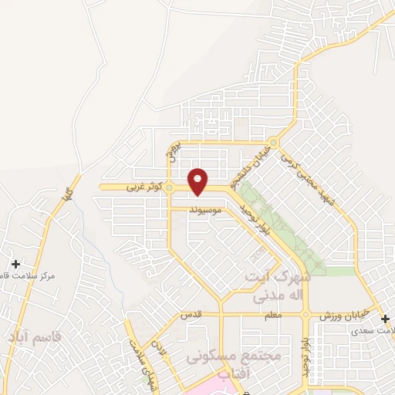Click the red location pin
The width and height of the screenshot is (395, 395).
click(x=199, y=181)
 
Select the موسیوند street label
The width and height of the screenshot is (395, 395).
click(x=208, y=209)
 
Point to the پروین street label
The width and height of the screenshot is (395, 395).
click(x=174, y=149)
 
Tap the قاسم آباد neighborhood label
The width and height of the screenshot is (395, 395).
click(x=35, y=337)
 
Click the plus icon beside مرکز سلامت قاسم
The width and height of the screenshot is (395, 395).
click(x=15, y=264)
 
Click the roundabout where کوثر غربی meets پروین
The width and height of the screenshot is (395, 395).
click(x=169, y=187)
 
